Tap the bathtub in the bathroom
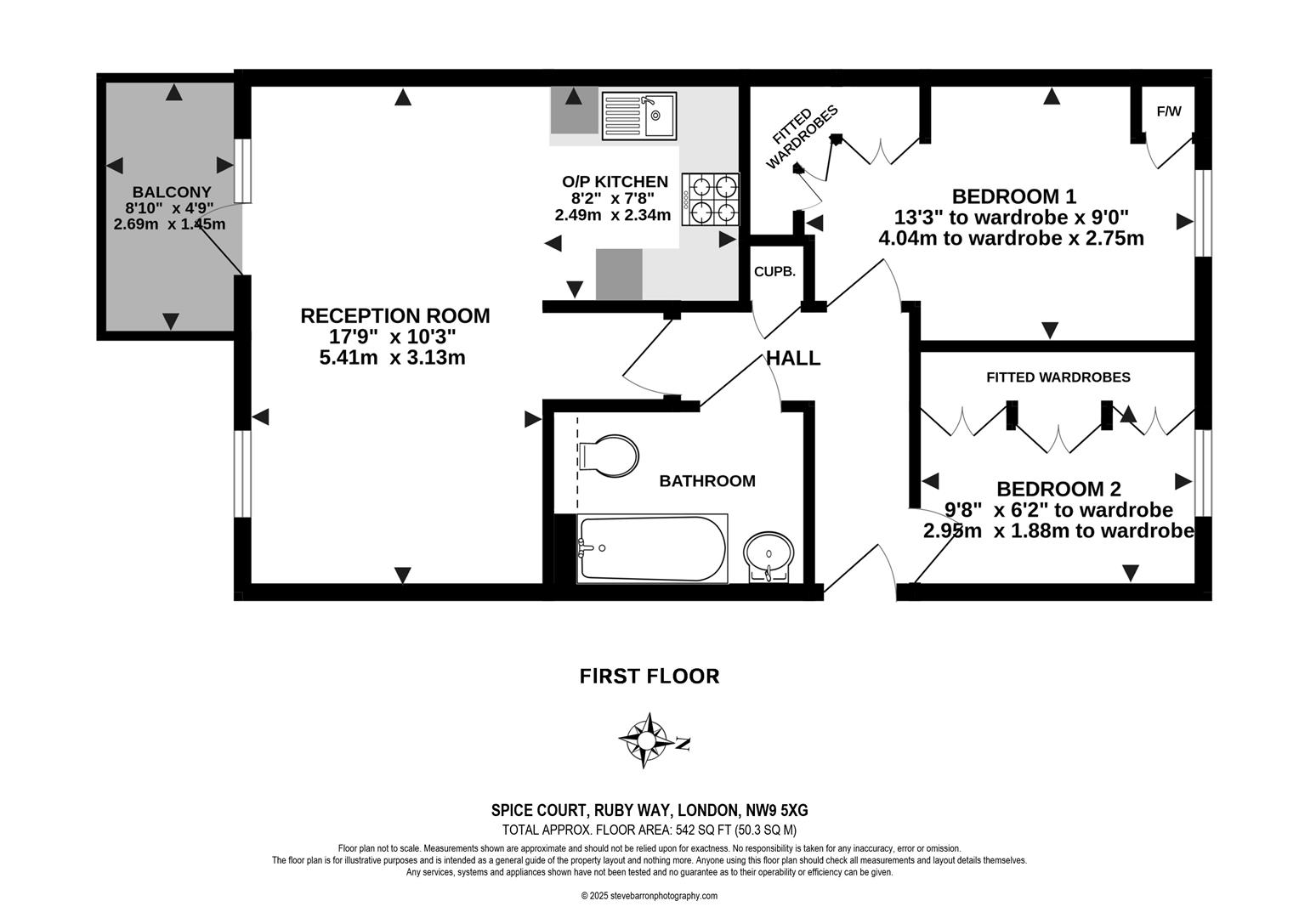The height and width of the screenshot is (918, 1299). pyautogui.click(x=652, y=548)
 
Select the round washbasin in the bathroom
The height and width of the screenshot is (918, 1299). pyautogui.click(x=769, y=555)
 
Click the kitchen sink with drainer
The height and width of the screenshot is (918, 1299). pyautogui.click(x=639, y=115)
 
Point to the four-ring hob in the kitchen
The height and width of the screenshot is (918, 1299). pyautogui.click(x=712, y=197)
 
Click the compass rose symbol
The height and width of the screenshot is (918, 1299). pyautogui.click(x=646, y=742)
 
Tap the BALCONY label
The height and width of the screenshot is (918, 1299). pyautogui.click(x=171, y=192)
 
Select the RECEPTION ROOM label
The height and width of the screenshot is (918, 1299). pyautogui.click(x=394, y=315)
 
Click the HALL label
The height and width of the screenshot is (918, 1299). pyautogui.click(x=793, y=358)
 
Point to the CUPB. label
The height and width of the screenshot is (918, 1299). pyautogui.click(x=774, y=272)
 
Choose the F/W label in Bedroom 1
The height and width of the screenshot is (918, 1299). pyautogui.click(x=1169, y=111)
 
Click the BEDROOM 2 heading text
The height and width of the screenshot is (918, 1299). pyautogui.click(x=1058, y=489)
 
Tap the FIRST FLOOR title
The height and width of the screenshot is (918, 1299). pyautogui.click(x=649, y=676)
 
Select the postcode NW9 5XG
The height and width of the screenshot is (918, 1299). pyautogui.click(x=770, y=810)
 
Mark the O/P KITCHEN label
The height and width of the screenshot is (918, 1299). pyautogui.click(x=615, y=181)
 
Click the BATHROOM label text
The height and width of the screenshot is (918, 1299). pyautogui.click(x=707, y=481)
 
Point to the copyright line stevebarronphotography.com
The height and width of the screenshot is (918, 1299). pyautogui.click(x=649, y=896)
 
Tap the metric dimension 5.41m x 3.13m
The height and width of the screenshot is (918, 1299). pyautogui.click(x=392, y=358)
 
